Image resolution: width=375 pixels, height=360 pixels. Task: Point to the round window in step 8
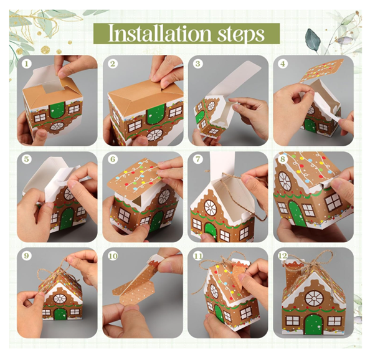(285, 181)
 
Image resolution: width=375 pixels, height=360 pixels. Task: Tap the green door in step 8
(297, 213)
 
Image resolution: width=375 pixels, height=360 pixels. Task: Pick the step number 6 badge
(112, 160)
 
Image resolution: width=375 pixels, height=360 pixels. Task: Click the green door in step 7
(211, 231)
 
